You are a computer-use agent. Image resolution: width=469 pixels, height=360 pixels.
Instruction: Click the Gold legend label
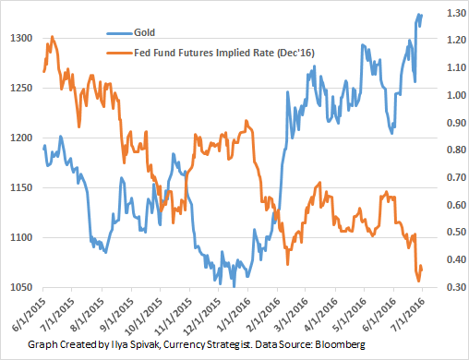coord(144,32)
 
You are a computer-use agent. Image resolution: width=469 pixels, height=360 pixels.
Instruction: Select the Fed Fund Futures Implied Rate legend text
coord(224,53)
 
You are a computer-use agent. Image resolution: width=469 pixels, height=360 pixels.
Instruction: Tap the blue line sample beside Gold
coord(120,33)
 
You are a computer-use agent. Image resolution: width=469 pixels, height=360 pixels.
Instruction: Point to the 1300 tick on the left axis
coord(21,38)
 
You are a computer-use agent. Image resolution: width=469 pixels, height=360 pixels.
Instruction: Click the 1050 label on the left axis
coord(21,287)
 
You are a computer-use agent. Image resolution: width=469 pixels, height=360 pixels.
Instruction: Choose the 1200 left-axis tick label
coord(21,138)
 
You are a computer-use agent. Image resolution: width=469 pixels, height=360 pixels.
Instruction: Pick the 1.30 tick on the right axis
coord(456,13)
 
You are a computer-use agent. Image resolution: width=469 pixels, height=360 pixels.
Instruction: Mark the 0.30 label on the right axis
coord(456,287)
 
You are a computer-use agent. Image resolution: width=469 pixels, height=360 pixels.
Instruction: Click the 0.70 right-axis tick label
coord(456,177)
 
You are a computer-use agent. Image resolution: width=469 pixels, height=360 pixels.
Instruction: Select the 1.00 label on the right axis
coord(456,95)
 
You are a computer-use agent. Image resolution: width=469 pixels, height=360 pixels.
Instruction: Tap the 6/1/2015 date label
coord(30,314)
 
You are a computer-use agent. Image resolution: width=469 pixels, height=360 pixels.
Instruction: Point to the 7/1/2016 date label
coord(408,314)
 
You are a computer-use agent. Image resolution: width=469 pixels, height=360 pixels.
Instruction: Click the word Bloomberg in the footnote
coord(340,344)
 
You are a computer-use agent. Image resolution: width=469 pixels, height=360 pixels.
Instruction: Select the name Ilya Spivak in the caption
coord(135,344)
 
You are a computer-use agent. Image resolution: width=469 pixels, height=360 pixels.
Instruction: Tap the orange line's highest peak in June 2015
coord(52,37)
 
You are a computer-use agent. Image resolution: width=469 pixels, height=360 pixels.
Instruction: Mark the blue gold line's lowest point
coord(234,286)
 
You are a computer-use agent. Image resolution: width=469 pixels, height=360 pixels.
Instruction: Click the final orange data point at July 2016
coord(422,270)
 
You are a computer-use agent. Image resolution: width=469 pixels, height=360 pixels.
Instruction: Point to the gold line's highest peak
coord(418,14)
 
